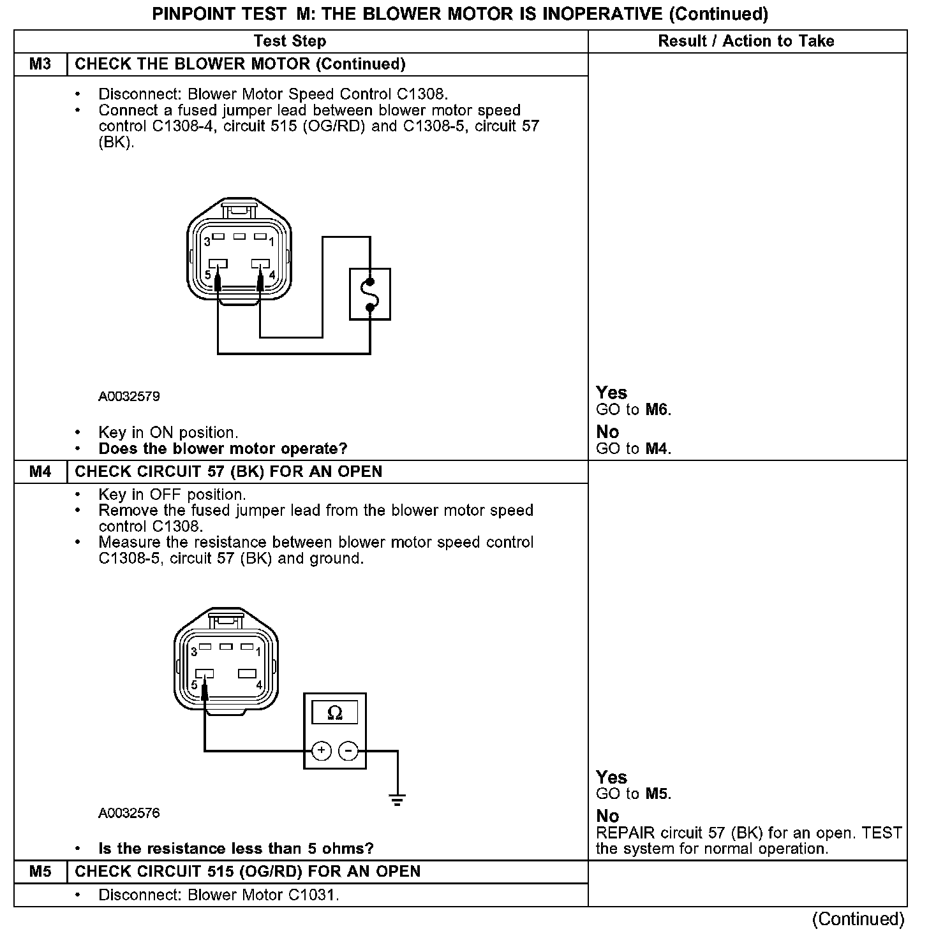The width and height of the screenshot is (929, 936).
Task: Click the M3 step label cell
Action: click(40, 64)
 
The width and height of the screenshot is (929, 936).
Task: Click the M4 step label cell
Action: click(40, 472)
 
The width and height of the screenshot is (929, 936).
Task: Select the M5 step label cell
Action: click(40, 872)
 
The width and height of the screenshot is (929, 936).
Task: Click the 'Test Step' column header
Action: click(290, 41)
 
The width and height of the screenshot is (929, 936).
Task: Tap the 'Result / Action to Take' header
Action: click(746, 41)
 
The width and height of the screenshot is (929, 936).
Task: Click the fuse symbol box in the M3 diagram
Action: click(370, 294)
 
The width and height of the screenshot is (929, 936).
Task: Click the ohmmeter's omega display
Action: click(334, 712)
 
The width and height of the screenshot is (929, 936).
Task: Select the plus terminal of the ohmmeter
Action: click(322, 750)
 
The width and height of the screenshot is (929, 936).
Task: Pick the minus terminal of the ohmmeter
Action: click(348, 750)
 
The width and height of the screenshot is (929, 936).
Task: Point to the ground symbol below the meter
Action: click(397, 800)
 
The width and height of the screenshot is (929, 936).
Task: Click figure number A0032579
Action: click(129, 397)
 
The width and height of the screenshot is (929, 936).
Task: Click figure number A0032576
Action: click(129, 813)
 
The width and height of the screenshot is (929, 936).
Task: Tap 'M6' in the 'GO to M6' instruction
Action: click(657, 410)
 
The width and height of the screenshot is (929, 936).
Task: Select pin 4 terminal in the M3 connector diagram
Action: click(259, 263)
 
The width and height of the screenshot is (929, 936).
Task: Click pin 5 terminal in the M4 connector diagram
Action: click(204, 673)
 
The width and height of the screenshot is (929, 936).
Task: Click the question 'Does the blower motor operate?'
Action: click(223, 449)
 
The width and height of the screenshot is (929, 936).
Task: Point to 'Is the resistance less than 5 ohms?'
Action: click(236, 849)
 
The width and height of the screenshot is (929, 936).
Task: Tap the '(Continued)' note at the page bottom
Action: click(858, 919)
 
